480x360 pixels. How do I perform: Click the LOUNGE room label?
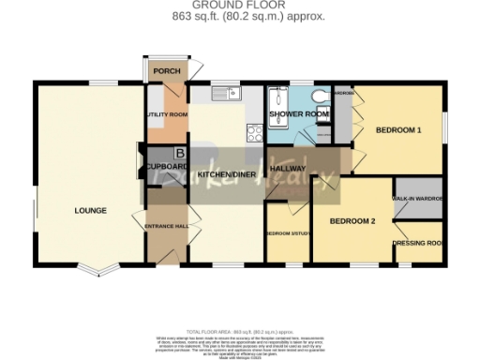coord(91,210)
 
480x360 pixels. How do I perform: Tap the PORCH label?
coord(167,71)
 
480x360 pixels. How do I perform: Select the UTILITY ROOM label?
coord(167,115)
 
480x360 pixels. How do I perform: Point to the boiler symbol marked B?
coord(180,154)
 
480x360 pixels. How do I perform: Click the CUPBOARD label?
coord(166,167)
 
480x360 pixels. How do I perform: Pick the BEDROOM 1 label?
coord(398,129)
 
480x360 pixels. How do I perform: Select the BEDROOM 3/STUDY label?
coord(286,232)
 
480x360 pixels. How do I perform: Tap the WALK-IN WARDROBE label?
coord(418,199)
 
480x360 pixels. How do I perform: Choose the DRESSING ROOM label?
coord(418,243)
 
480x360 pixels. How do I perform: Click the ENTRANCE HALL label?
coord(167,226)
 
